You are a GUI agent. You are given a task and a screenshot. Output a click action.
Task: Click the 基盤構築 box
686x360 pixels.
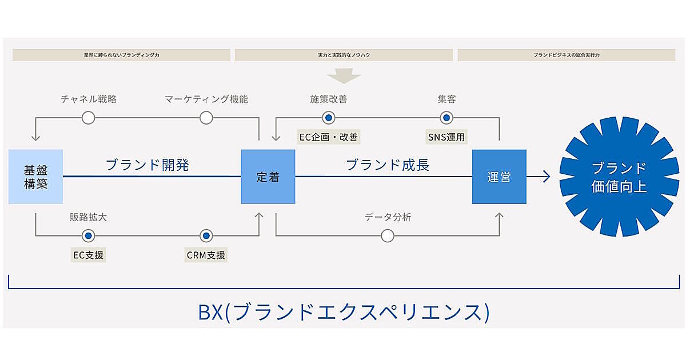pos(35,177)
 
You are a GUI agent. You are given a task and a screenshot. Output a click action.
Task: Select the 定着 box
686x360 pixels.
pos(268,177)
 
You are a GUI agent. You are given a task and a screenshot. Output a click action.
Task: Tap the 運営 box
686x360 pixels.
pos(499,177)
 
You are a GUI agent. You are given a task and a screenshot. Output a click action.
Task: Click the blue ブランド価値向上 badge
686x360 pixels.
pos(619,177)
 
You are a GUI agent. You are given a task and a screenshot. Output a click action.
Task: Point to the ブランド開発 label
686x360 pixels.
pos(147,165)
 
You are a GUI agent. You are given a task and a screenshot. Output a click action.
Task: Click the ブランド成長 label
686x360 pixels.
pos(388,165)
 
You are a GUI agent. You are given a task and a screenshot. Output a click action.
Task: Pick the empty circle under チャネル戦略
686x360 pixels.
pos(88,118)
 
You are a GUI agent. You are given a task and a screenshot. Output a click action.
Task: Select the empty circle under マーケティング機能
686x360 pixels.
pos(206,118)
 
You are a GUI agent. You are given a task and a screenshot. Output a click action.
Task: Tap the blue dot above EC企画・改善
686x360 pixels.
pos(329,118)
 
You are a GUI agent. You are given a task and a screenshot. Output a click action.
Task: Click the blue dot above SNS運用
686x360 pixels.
pos(446,118)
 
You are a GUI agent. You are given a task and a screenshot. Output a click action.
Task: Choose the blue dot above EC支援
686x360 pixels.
pos(88,235)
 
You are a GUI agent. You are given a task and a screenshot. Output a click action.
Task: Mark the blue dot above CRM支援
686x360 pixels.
pos(206,235)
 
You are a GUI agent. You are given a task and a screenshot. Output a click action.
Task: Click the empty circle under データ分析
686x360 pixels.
pos(388,235)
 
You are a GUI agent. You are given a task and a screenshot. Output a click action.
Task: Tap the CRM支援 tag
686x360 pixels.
pos(206,255)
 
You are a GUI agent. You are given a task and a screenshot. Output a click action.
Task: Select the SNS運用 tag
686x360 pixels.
pos(446,137)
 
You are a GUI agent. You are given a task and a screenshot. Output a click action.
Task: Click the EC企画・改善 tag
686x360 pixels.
pos(329,137)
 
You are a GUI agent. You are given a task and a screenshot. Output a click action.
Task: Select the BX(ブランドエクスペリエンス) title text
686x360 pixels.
pos(344,312)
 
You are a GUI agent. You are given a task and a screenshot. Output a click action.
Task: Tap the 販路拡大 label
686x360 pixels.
pos(87,217)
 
